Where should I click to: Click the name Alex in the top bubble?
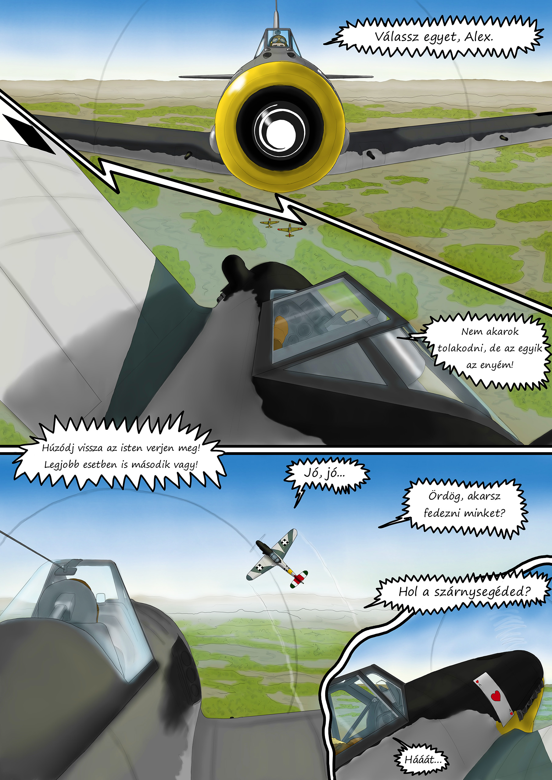pos(479,36)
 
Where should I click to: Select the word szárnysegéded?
pos(482,592)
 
